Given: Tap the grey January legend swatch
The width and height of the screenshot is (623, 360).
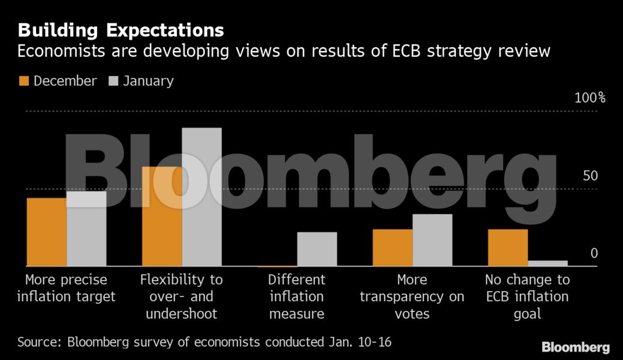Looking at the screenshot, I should pyautogui.click(x=113, y=81).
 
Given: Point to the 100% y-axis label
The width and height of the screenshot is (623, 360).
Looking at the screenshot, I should pyautogui.click(x=589, y=98).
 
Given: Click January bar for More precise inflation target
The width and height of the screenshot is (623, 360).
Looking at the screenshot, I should pyautogui.click(x=86, y=229).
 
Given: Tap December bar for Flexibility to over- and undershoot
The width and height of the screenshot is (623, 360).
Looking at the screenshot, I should pyautogui.click(x=162, y=216).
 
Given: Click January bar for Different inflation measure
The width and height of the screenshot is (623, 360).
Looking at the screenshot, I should pyautogui.click(x=317, y=249).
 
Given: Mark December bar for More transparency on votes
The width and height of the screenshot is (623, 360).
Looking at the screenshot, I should pyautogui.click(x=393, y=247).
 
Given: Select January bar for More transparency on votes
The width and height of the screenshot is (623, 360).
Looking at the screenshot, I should pyautogui.click(x=432, y=240).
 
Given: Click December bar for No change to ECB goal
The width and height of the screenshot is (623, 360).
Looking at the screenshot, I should pyautogui.click(x=508, y=247).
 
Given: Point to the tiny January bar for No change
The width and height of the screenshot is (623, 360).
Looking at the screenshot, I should pyautogui.click(x=547, y=263).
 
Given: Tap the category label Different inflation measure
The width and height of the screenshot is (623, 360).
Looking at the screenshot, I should pyautogui.click(x=297, y=296).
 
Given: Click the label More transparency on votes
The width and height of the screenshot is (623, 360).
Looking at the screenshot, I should pyautogui.click(x=412, y=296).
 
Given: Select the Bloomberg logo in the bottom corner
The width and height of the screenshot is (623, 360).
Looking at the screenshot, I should pyautogui.click(x=576, y=347).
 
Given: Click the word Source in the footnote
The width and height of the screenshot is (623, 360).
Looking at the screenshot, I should pyautogui.click(x=40, y=343).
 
